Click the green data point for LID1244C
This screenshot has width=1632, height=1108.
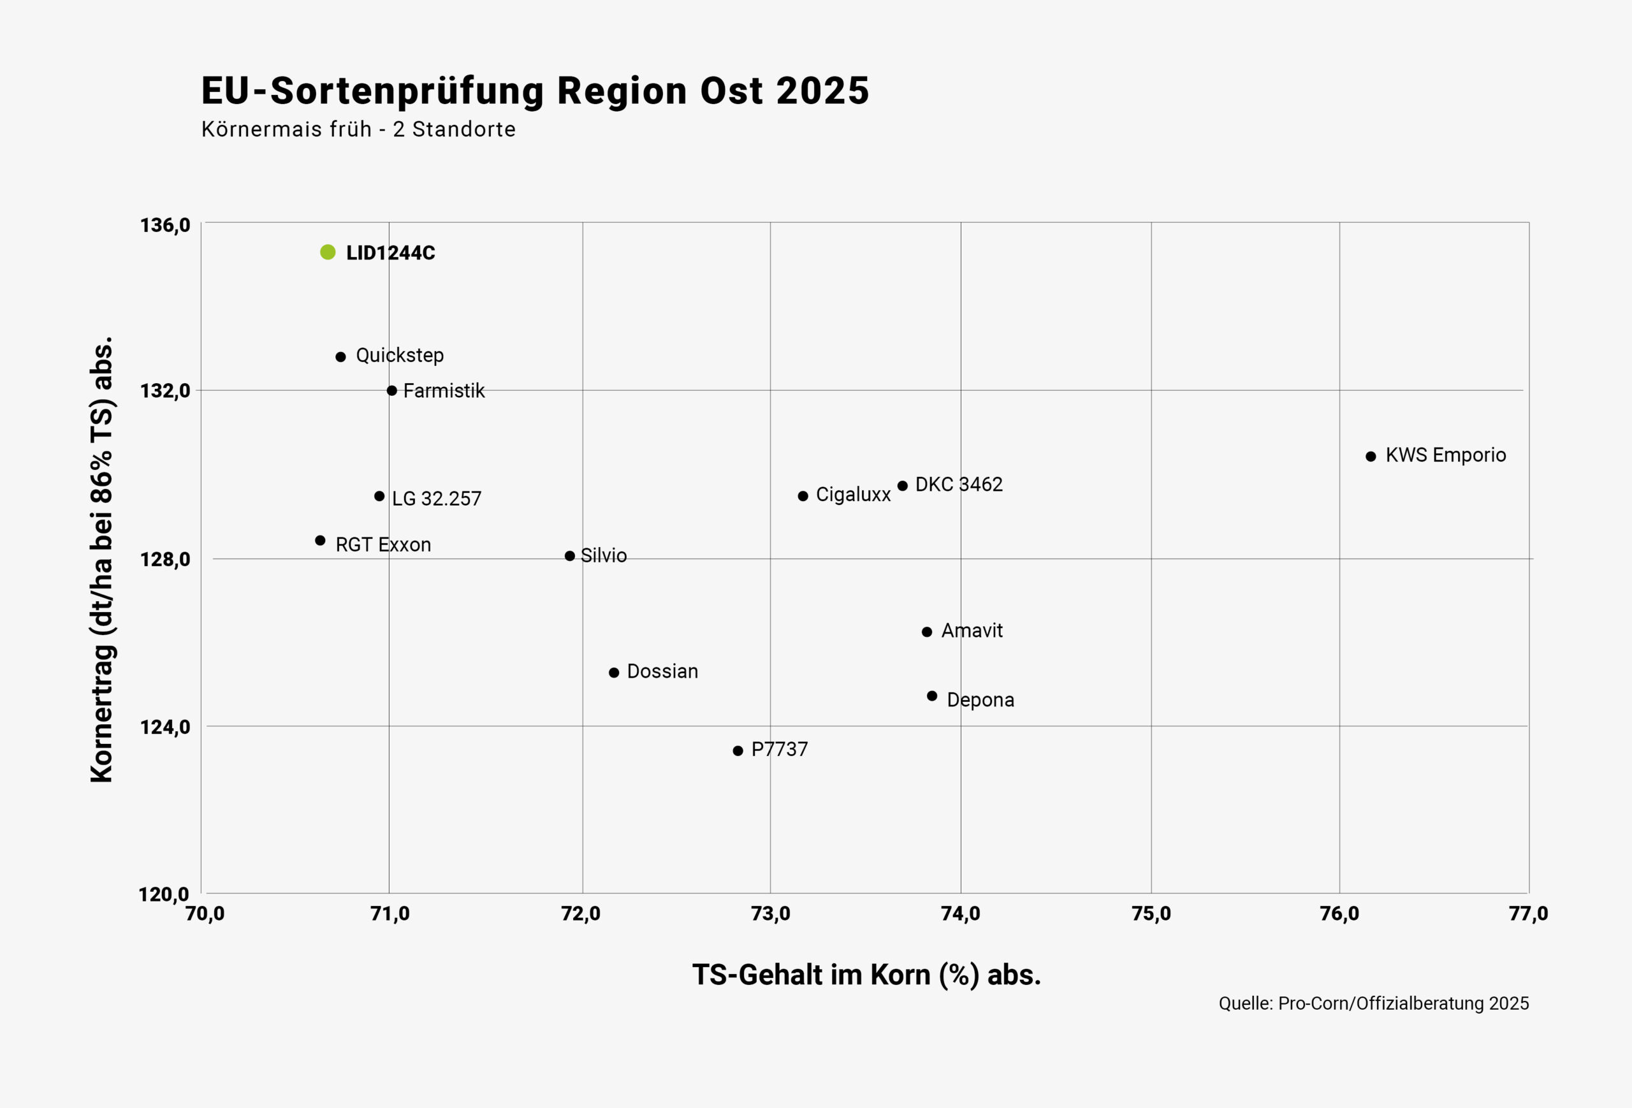(327, 252)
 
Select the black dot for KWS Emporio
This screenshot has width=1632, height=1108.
(1371, 456)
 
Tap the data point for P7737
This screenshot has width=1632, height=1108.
(738, 750)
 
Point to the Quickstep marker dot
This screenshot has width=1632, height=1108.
(340, 357)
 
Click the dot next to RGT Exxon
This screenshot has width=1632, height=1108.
(320, 541)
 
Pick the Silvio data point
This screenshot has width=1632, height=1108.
(569, 556)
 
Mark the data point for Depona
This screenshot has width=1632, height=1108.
(932, 696)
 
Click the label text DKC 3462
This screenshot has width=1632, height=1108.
(959, 485)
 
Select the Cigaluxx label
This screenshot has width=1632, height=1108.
(852, 495)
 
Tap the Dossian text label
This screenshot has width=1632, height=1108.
(662, 671)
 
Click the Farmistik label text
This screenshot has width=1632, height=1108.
(444, 391)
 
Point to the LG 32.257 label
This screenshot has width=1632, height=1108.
(436, 499)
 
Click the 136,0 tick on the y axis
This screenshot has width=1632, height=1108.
(165, 226)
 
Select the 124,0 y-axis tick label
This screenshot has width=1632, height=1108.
(165, 727)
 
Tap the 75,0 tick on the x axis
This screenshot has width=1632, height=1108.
(1151, 914)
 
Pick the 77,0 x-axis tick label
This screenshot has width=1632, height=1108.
(1528, 914)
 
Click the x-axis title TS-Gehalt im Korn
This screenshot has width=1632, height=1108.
(866, 975)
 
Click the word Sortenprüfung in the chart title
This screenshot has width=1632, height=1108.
(407, 91)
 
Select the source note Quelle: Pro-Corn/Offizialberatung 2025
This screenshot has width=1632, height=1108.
(1374, 1003)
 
